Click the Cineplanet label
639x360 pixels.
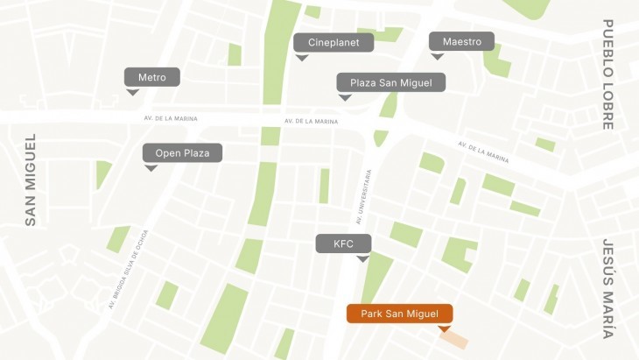click(x=334, y=42)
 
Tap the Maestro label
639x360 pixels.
click(x=461, y=41)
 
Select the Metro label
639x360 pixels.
click(x=151, y=77)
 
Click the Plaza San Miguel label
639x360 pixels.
click(x=391, y=82)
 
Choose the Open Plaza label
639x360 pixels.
click(x=182, y=153)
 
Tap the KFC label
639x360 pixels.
click(x=343, y=244)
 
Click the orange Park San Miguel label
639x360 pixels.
click(x=399, y=314)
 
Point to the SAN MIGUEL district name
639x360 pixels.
click(x=31, y=180)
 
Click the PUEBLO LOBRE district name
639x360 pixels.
click(x=607, y=74)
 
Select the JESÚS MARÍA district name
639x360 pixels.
click(x=607, y=288)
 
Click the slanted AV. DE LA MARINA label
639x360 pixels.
click(x=483, y=152)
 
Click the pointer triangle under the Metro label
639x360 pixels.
click(x=132, y=91)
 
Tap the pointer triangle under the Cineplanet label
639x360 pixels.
click(x=302, y=57)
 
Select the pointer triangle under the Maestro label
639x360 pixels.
click(x=437, y=56)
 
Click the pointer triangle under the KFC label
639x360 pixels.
click(x=362, y=258)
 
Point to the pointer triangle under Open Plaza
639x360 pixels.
click(x=151, y=167)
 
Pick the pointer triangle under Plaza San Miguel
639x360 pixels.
click(x=345, y=97)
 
